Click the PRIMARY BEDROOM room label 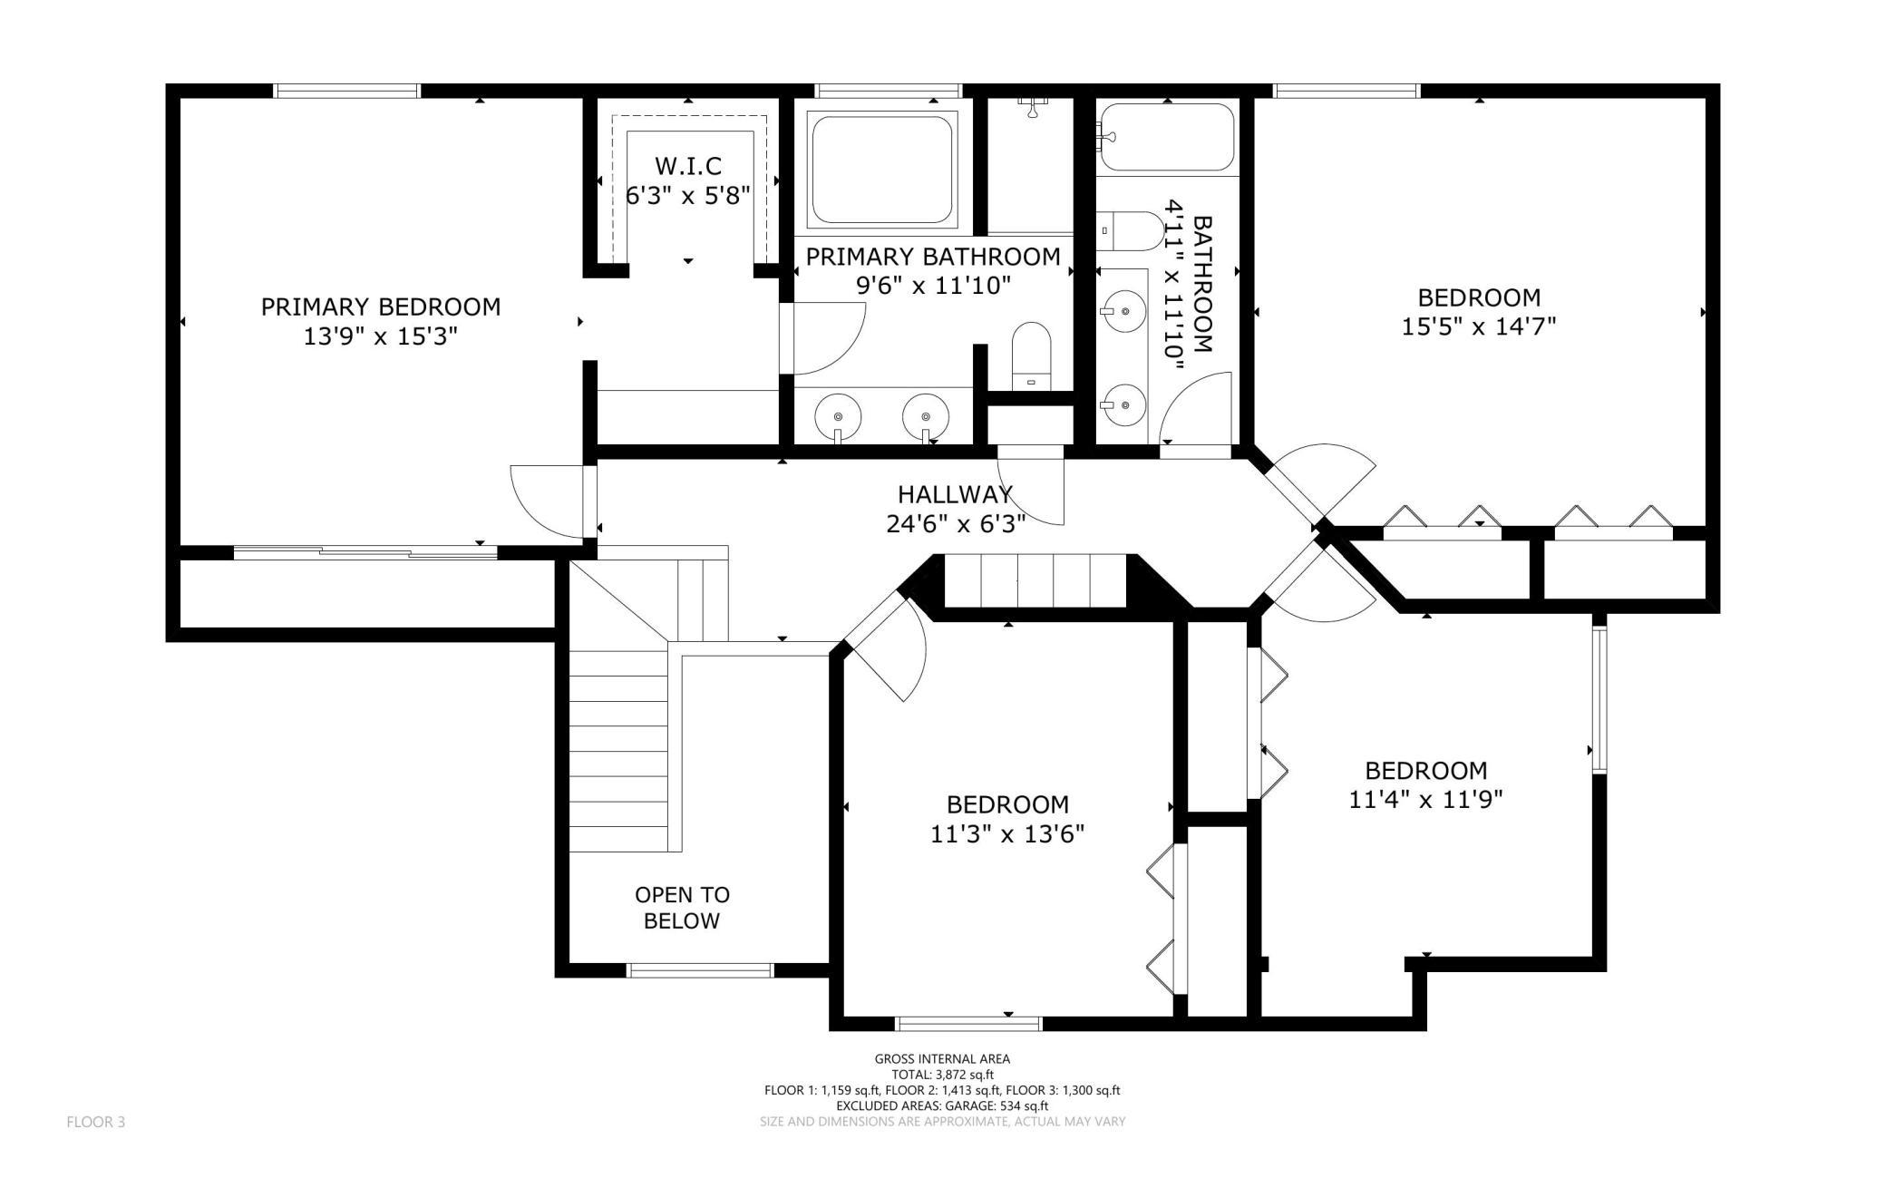click(x=381, y=307)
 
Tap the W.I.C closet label click(x=688, y=166)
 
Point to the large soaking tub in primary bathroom click(x=883, y=169)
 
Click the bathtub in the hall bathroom click(x=1167, y=139)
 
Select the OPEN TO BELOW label click(x=682, y=908)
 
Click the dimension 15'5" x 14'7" click(x=1479, y=326)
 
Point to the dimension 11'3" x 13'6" click(x=1007, y=833)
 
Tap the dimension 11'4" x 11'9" click(x=1426, y=800)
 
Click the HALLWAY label click(x=956, y=494)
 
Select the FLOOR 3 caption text click(x=96, y=1123)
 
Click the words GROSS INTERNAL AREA click(x=942, y=1058)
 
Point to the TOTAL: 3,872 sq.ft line click(x=942, y=1075)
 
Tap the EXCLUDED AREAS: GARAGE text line click(x=942, y=1106)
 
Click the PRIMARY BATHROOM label click(x=933, y=257)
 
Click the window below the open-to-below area click(x=701, y=970)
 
